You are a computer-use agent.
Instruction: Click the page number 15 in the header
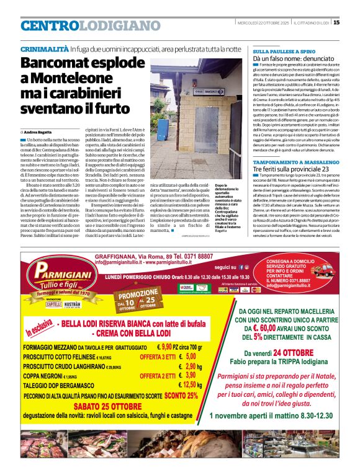tap(336, 23)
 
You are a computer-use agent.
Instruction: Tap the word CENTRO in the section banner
tap(50, 26)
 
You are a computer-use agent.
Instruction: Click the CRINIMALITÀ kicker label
tap(44, 48)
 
